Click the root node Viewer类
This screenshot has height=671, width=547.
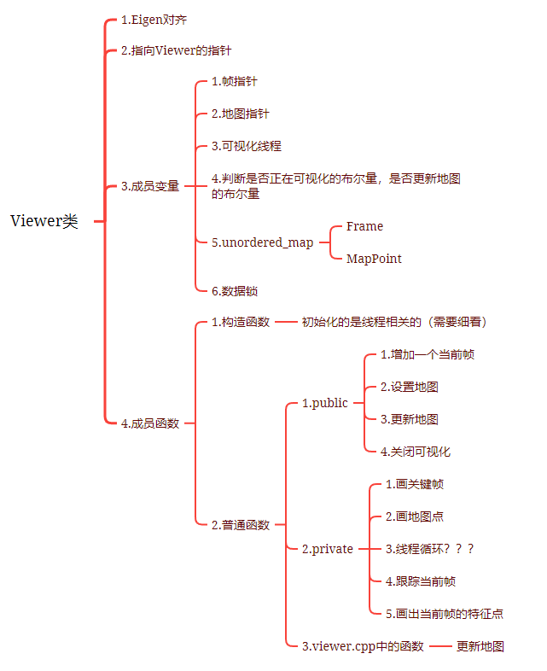pyautogui.click(x=44, y=221)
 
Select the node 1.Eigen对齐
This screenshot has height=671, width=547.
pyautogui.click(x=154, y=19)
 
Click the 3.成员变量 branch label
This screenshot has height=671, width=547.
pyautogui.click(x=150, y=185)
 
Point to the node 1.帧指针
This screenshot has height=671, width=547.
pyautogui.click(x=234, y=81)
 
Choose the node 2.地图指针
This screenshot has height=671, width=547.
pyautogui.click(x=240, y=114)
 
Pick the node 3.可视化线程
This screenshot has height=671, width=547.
pyautogui.click(x=246, y=146)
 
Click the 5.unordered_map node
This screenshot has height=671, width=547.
pyautogui.click(x=262, y=242)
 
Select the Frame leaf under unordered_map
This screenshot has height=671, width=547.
pyautogui.click(x=364, y=226)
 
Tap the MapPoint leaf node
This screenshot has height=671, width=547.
pyautogui.click(x=374, y=259)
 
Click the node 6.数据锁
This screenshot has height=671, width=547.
pyautogui.click(x=234, y=291)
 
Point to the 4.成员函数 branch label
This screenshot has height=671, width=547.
pyautogui.click(x=150, y=423)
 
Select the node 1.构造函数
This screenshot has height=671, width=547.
pyautogui.click(x=240, y=322)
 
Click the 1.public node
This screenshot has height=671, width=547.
pyautogui.click(x=325, y=403)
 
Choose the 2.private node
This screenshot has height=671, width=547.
pyautogui.click(x=328, y=549)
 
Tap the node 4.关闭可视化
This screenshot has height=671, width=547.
pyautogui.click(x=416, y=452)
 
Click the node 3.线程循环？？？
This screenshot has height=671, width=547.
pyautogui.click(x=429, y=549)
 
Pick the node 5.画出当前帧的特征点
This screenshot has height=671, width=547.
pyautogui.click(x=444, y=614)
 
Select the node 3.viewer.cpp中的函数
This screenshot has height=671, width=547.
pyautogui.click(x=363, y=646)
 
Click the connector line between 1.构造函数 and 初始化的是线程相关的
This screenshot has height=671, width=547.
pyautogui.click(x=285, y=323)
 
